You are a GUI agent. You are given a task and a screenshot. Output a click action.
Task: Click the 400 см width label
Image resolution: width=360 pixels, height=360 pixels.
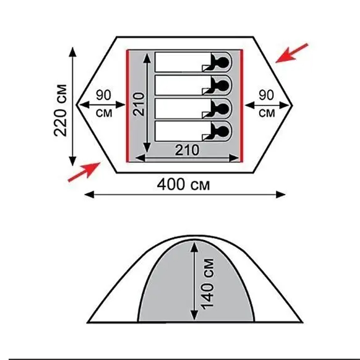pyautogui.click(x=183, y=184)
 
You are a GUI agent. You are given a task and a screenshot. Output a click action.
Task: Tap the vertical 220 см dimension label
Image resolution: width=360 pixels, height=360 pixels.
pyautogui.click(x=60, y=111)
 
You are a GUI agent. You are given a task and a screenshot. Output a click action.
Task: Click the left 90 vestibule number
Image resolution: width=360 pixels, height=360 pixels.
pyautogui.click(x=103, y=95)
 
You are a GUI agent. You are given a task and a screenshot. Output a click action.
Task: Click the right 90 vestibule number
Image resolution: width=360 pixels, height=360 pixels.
pyautogui.click(x=266, y=95)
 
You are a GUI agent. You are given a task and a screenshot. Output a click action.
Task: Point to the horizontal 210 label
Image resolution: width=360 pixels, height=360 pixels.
pyautogui.click(x=187, y=150)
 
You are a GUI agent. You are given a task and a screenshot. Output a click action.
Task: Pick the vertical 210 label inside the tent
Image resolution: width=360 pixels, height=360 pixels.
pyautogui.click(x=139, y=104)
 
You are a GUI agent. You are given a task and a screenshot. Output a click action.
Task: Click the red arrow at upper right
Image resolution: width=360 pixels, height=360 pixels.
pyautogui.click(x=292, y=53)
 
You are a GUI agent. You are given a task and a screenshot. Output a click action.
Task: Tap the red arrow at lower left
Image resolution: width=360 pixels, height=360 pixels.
pyautogui.click(x=85, y=172)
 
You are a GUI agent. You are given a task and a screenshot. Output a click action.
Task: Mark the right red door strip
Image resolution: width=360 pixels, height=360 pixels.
pyautogui.click(x=241, y=106)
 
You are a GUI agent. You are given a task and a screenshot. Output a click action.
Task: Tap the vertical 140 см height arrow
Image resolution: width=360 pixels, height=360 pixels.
pyautogui.click(x=194, y=281)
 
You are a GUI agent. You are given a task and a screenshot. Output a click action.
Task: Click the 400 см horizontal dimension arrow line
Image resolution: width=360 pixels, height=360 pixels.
pyautogui.click(x=185, y=195)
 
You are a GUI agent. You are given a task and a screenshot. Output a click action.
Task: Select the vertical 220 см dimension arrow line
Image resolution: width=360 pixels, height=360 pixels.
pyautogui.click(x=73, y=107)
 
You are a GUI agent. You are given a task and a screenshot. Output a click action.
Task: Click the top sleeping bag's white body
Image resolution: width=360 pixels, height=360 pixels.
pyautogui.click(x=183, y=62)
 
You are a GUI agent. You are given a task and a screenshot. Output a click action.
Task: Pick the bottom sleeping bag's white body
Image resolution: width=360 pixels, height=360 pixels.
pyautogui.click(x=183, y=131)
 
